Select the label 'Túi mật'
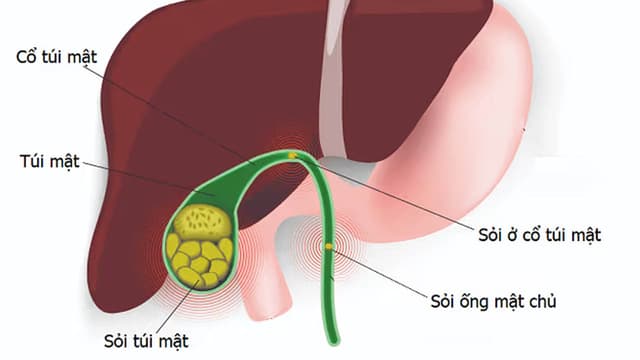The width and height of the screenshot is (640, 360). tap(48, 159)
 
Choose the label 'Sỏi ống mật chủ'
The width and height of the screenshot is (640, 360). tap(500, 301)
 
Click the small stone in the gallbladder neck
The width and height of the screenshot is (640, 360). tap(291, 155)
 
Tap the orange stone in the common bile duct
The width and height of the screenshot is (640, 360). tap(327, 244)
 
